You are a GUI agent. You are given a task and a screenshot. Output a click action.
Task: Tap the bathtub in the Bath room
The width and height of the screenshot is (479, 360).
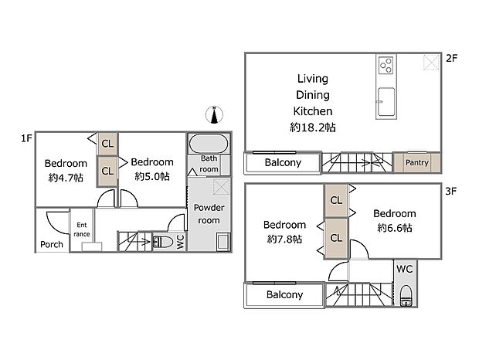[x=207, y=144]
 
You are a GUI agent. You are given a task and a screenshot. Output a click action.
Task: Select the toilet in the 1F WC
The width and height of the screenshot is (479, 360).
[x=163, y=242]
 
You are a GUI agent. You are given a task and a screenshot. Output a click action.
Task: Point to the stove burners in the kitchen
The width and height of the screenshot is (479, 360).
[x=386, y=64]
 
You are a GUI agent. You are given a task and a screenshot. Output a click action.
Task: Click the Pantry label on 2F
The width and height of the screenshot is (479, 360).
[x=416, y=163]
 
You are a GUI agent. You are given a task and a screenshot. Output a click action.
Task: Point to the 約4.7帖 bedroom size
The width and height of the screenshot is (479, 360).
[x=65, y=177]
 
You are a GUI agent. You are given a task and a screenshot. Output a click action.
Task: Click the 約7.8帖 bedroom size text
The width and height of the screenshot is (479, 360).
[x=285, y=239]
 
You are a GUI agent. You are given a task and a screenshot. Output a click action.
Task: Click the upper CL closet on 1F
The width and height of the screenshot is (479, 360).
[x=107, y=144]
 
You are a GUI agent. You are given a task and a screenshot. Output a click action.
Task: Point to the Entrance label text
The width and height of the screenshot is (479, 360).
[x=82, y=230]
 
